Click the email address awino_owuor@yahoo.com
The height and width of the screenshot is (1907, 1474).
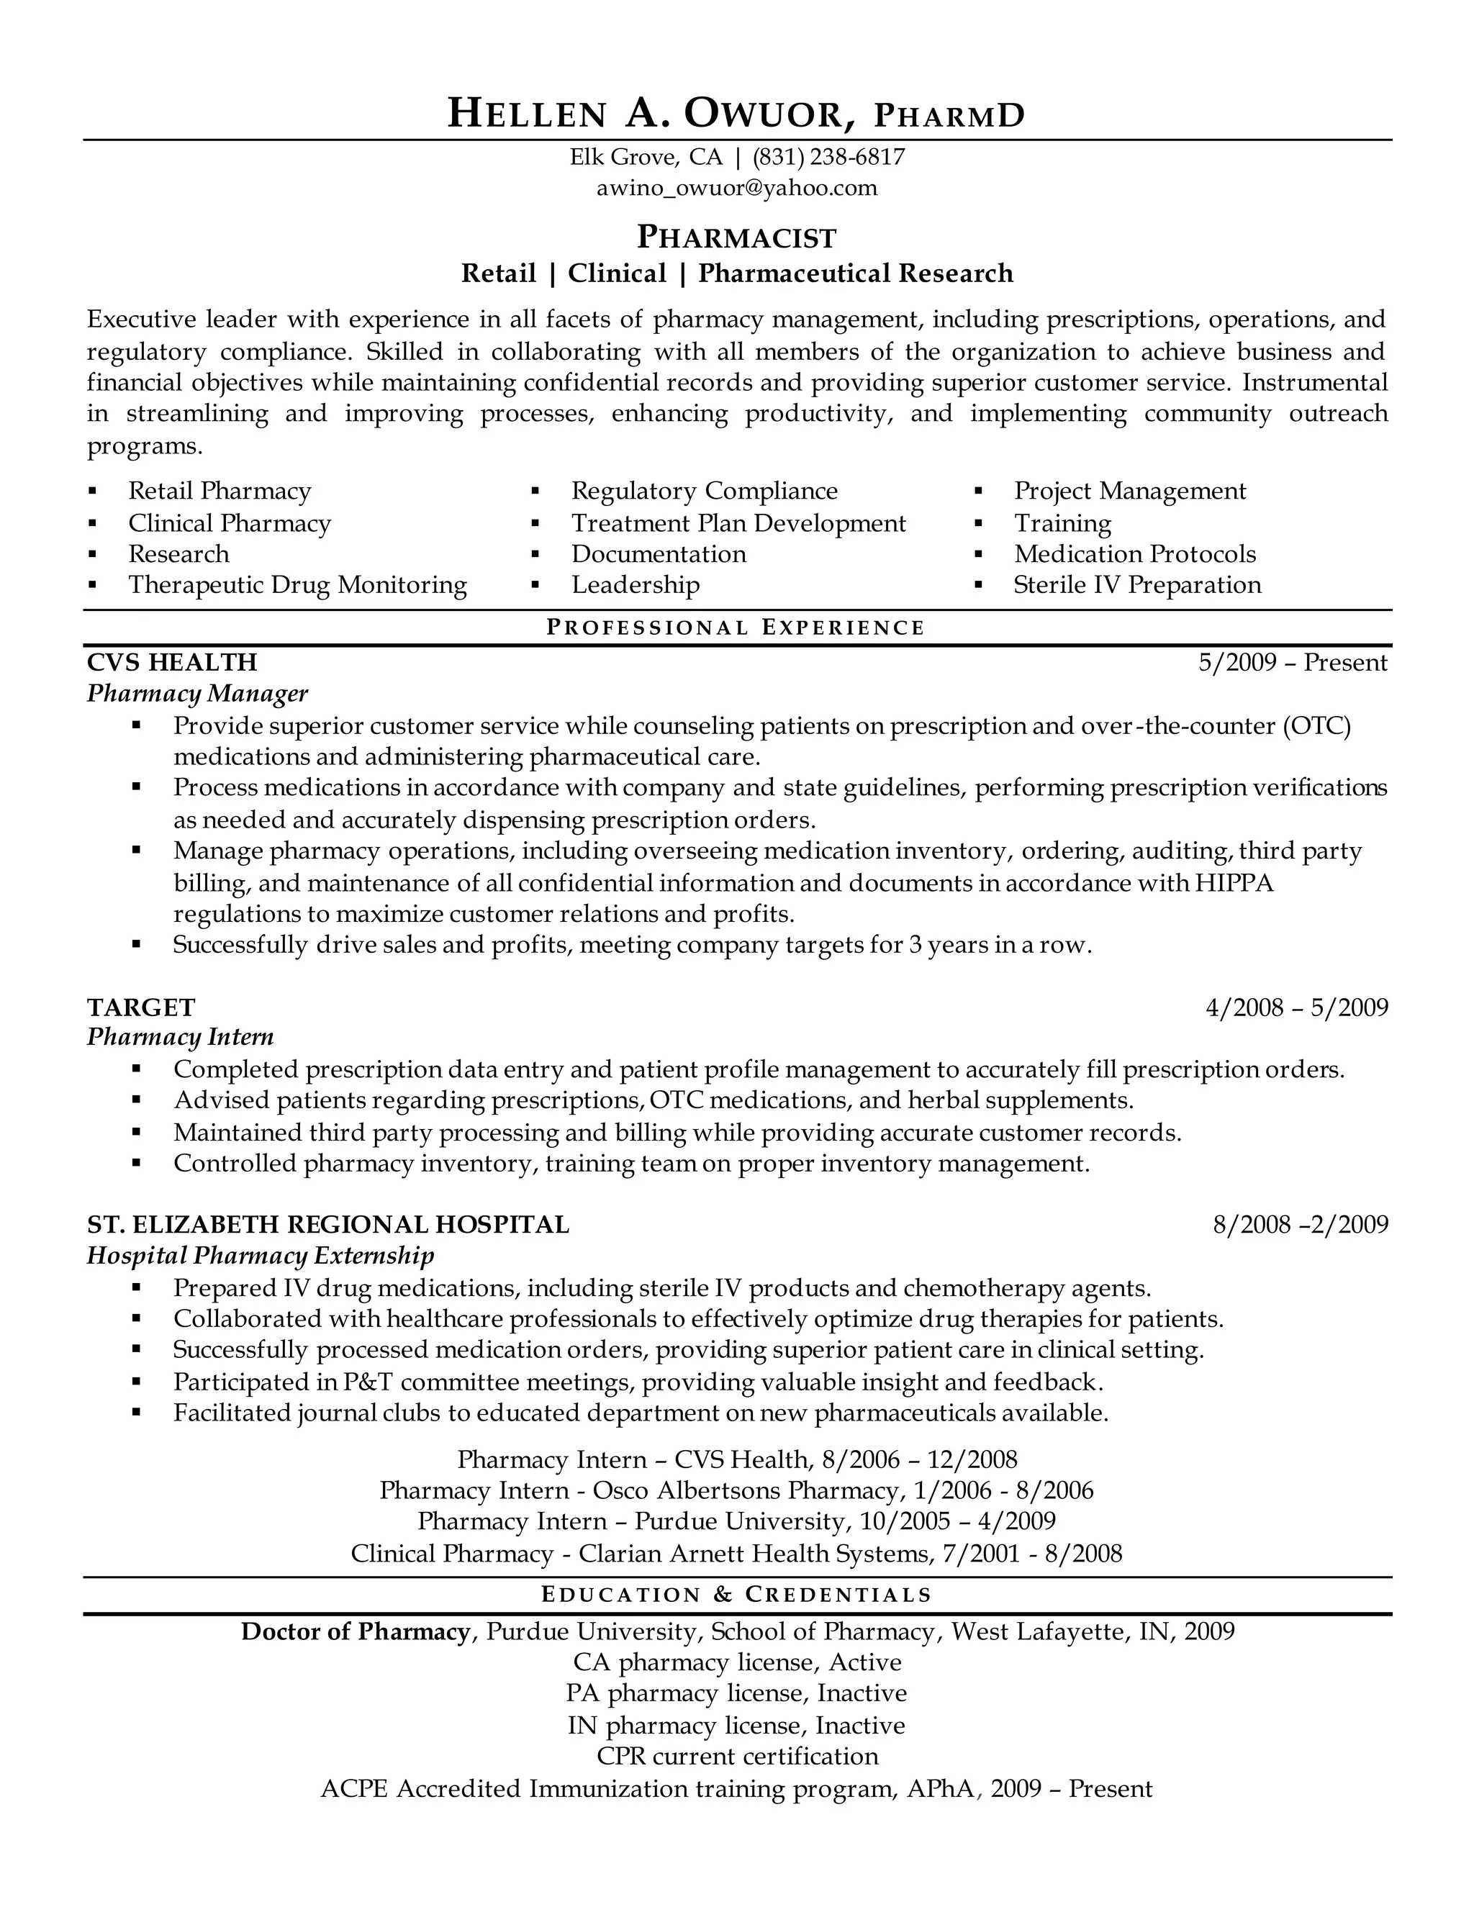pyautogui.click(x=736, y=188)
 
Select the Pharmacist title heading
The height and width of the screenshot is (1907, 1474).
pyautogui.click(x=736, y=237)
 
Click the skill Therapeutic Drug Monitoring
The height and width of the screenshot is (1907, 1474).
pyautogui.click(x=297, y=585)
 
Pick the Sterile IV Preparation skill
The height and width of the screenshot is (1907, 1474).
pyautogui.click(x=1137, y=585)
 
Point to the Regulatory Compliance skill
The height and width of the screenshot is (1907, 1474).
pyautogui.click(x=704, y=491)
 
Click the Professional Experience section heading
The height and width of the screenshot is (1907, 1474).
pyautogui.click(x=736, y=627)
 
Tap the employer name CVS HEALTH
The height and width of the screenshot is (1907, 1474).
pyautogui.click(x=172, y=662)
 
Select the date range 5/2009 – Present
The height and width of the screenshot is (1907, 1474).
pyautogui.click(x=1293, y=663)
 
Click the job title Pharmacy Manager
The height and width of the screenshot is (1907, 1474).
pyautogui.click(x=197, y=693)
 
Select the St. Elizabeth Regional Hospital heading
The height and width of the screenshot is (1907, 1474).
pyautogui.click(x=327, y=1224)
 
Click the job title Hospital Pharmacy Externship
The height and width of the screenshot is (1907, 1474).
pyautogui.click(x=261, y=1256)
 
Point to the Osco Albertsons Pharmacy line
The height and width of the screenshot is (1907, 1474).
pyautogui.click(x=736, y=1490)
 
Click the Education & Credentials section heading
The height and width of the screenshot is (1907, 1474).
pyautogui.click(x=736, y=1595)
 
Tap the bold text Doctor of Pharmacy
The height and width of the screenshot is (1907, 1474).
pyautogui.click(x=356, y=1631)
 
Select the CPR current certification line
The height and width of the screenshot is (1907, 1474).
pyautogui.click(x=736, y=1756)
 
